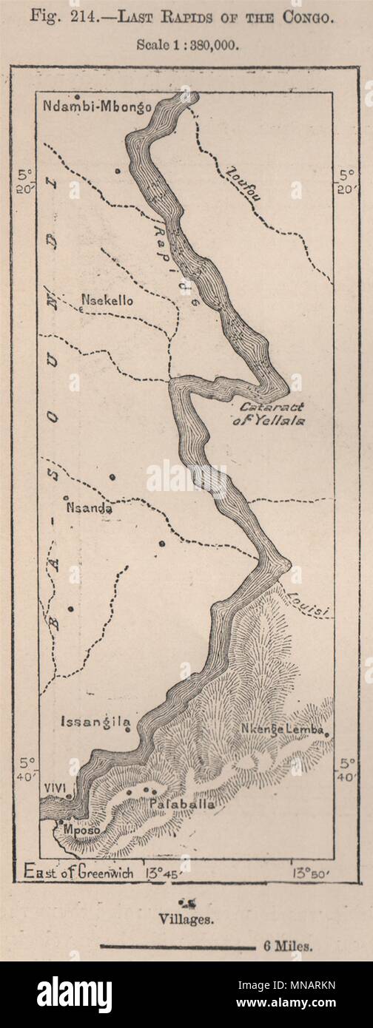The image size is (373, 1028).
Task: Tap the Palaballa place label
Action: pos(181,803)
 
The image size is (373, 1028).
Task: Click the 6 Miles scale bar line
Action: pos(177,946)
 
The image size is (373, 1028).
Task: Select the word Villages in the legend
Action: pos(186,920)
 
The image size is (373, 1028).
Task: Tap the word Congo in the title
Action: pos(306,16)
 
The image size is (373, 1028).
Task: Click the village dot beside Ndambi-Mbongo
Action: pos(76,96)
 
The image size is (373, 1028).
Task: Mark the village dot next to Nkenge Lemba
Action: pos(326,734)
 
